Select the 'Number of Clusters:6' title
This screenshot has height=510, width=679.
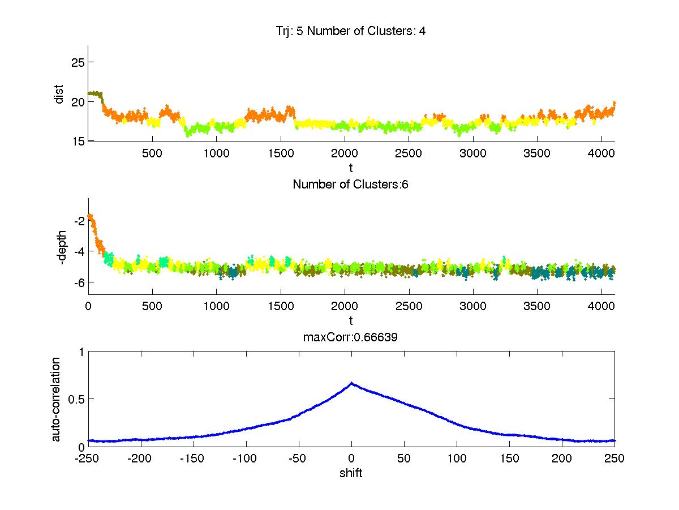(351, 184)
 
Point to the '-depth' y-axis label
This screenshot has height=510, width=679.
(62, 246)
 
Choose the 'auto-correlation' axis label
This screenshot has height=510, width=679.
(56, 399)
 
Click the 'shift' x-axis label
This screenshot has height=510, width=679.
(351, 473)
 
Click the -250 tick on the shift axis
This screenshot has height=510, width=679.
(88, 458)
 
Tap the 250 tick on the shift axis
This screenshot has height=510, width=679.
(614, 458)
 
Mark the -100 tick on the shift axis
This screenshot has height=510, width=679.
(246, 458)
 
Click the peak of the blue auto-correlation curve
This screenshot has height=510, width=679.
(351, 383)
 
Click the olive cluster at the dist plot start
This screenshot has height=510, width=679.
(95, 93)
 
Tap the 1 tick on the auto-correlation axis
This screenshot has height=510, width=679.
(81, 352)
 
